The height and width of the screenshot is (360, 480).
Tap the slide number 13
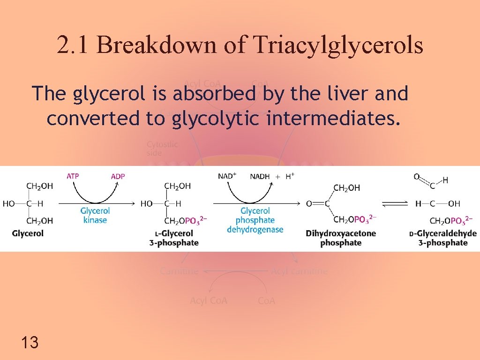(30, 342)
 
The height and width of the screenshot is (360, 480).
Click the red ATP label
(73, 176)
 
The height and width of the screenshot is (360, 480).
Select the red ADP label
(118, 176)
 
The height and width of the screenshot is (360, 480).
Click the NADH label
(260, 176)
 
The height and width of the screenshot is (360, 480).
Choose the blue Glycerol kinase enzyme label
(95, 216)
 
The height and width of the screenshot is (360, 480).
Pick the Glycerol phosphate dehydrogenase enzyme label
(255, 220)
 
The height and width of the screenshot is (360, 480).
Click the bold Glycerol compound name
(28, 233)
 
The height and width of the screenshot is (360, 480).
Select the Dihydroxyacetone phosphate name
(341, 238)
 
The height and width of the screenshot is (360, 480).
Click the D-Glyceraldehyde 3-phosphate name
(442, 238)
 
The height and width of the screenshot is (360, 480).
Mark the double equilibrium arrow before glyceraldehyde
(395, 203)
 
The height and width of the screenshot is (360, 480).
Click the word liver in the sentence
(348, 94)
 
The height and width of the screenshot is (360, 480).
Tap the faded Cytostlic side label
(162, 149)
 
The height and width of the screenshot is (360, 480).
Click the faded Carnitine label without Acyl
(179, 271)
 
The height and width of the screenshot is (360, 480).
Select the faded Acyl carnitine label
(299, 271)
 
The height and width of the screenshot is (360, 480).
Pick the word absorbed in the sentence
(214, 94)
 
